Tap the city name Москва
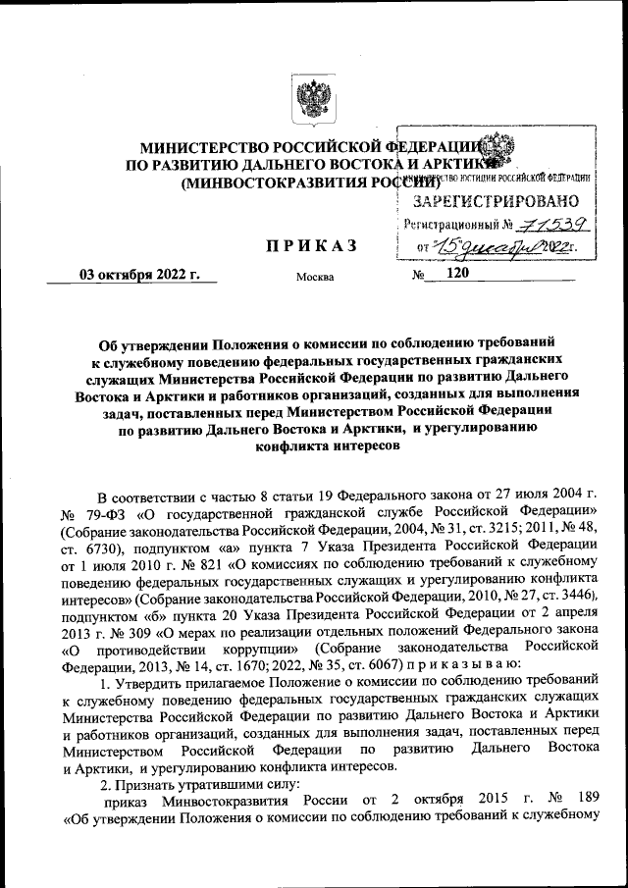[x=314, y=277]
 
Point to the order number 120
[x=457, y=274]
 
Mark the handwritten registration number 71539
[x=531, y=224]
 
